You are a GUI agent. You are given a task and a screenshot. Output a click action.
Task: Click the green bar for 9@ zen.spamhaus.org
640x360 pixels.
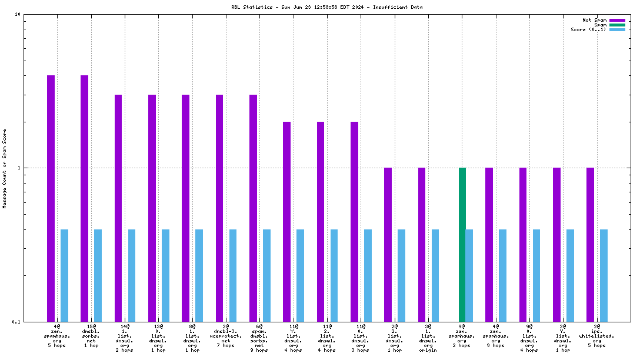pyautogui.click(x=462, y=244)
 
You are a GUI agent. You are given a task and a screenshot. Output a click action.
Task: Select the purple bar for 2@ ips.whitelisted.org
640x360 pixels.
pyautogui.click(x=590, y=244)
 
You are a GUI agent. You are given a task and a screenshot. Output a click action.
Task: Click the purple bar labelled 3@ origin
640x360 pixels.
pyautogui.click(x=422, y=244)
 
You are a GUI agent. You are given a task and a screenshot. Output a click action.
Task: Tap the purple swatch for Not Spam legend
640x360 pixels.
pyautogui.click(x=617, y=20)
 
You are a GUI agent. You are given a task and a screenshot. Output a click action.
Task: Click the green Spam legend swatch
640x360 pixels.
pyautogui.click(x=617, y=25)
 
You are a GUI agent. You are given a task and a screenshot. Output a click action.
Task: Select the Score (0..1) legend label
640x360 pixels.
pyautogui.click(x=588, y=29)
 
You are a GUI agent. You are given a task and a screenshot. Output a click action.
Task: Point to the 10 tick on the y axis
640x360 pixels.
pyautogui.click(x=17, y=14)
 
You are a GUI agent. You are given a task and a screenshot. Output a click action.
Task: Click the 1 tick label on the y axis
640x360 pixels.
pyautogui.click(x=19, y=168)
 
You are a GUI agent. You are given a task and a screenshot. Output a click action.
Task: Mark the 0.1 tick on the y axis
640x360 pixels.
pyautogui.click(x=16, y=321)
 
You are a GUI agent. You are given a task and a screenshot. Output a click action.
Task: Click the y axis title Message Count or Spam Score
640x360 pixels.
pyautogui.click(x=5, y=168)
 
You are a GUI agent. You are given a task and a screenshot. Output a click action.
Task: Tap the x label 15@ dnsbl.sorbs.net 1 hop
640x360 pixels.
pyautogui.click(x=91, y=335)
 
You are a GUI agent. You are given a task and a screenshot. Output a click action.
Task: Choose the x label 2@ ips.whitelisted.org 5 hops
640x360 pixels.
pyautogui.click(x=597, y=335)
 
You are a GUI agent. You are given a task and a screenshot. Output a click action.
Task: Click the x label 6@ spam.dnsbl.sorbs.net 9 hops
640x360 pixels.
pyautogui.click(x=260, y=335)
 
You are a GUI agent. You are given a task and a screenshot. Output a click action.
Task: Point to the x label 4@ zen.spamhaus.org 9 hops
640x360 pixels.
pyautogui.click(x=496, y=335)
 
